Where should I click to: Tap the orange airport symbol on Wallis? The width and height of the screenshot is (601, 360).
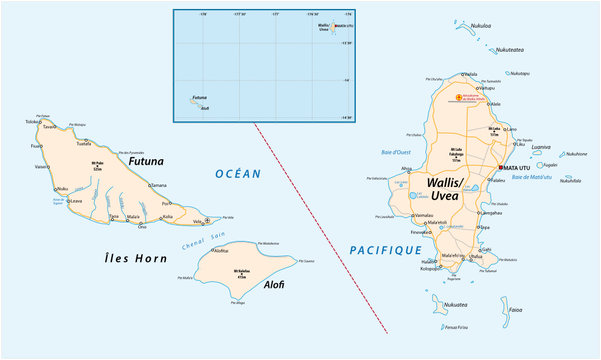tap(459, 97)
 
